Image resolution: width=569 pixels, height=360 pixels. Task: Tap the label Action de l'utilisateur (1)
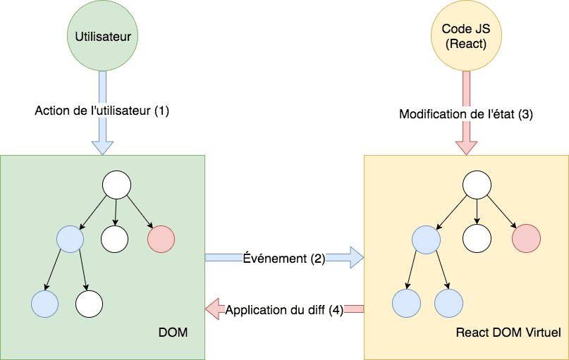[x=102, y=111]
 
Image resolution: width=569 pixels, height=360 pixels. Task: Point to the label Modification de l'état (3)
[x=466, y=113]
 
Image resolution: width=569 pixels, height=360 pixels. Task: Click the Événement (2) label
[x=283, y=259]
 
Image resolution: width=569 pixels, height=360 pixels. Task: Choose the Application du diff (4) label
[x=284, y=309]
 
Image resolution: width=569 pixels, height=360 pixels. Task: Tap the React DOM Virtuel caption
[x=508, y=331]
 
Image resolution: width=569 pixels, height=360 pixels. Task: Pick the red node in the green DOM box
[x=161, y=239]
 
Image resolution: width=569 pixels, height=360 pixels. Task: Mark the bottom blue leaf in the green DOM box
[x=44, y=303]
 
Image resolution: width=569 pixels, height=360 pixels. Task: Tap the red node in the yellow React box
[x=526, y=239]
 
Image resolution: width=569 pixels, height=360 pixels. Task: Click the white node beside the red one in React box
[x=477, y=239]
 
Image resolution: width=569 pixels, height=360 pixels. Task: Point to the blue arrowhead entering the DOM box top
[x=102, y=147]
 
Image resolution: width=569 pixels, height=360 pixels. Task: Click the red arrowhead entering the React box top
[x=466, y=147]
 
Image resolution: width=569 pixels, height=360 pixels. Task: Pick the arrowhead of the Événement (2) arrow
[x=356, y=259]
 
